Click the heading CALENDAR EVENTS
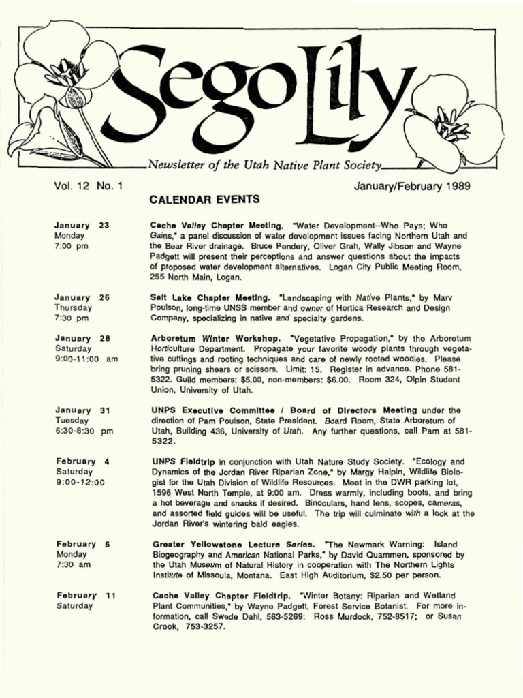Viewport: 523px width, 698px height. (204, 199)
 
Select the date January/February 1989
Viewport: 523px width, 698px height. (413, 185)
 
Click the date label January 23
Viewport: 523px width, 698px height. (82, 225)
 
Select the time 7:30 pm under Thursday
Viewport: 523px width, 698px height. (72, 318)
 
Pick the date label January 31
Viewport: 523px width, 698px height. (82, 410)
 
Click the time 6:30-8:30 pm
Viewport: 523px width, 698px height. (83, 431)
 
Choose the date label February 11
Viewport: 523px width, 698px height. (85, 595)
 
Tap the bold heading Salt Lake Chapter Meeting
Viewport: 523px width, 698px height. (212, 298)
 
